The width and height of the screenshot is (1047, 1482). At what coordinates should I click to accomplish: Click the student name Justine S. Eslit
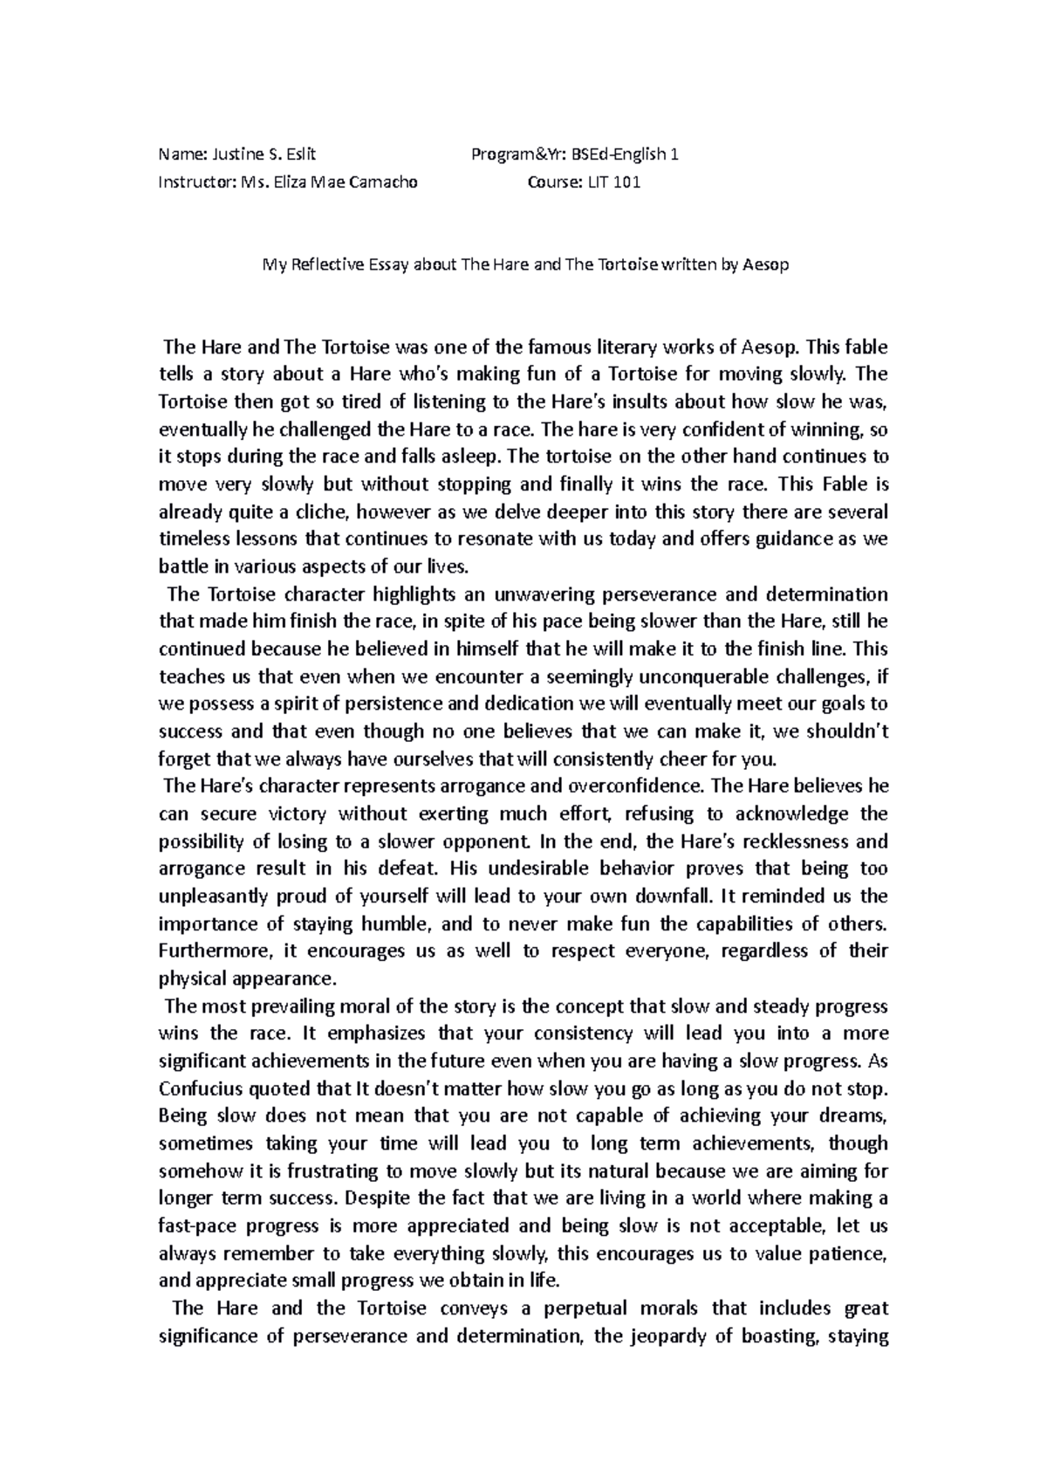(264, 154)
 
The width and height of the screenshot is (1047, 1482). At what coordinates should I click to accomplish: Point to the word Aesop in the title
(764, 264)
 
